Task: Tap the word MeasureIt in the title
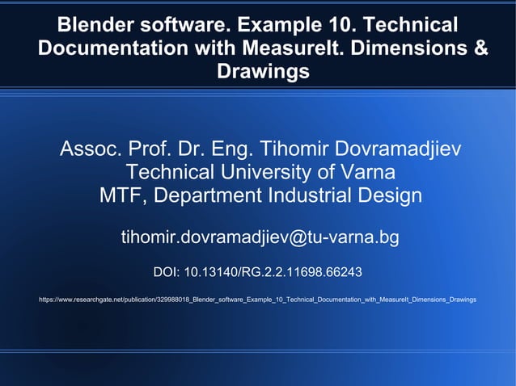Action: (x=307, y=48)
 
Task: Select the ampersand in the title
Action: (x=480, y=48)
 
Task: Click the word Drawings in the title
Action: (x=263, y=73)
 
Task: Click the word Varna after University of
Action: (x=364, y=173)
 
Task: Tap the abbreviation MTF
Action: (x=121, y=196)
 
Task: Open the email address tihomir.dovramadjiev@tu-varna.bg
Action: (x=260, y=238)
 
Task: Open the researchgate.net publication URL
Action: (x=257, y=300)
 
